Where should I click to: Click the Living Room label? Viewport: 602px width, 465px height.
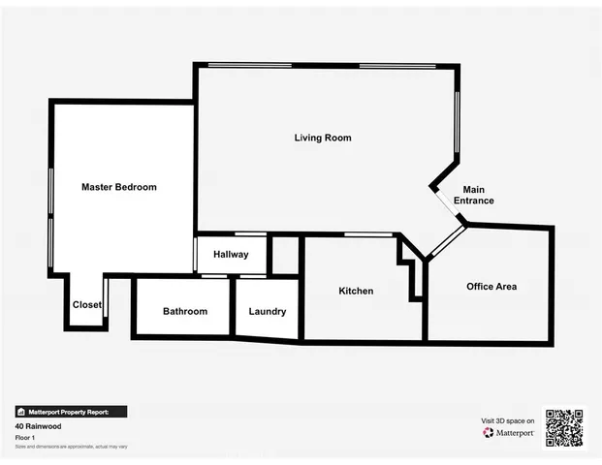coord(323,138)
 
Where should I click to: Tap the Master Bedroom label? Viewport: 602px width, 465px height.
coord(118,187)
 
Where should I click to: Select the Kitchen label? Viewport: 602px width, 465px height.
coord(355,291)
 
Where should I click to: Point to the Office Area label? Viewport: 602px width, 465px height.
coord(491,286)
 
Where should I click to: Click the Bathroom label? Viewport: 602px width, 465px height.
coord(184,311)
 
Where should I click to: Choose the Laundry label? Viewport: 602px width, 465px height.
coord(267,311)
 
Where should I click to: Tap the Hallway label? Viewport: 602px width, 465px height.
coord(230,255)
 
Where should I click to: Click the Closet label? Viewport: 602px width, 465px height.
coord(86,304)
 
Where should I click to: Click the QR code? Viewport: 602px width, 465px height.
coord(563,426)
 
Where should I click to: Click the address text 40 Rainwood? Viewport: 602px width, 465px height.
coord(34,425)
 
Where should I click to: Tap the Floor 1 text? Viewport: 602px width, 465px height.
coord(25,437)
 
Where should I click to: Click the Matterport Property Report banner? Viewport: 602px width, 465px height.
coord(70,411)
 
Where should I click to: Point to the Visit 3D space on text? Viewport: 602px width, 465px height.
coord(508,420)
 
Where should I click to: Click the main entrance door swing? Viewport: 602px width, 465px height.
coord(448,207)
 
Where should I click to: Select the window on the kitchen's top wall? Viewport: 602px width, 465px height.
coord(362,234)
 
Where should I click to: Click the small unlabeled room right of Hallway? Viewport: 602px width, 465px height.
coord(284,256)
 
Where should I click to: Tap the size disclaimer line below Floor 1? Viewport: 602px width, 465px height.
coord(70,446)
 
